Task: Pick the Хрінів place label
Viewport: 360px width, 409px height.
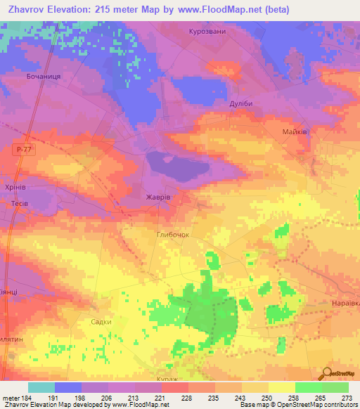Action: pyautogui.click(x=15, y=188)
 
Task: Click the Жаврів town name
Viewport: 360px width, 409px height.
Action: pyautogui.click(x=157, y=197)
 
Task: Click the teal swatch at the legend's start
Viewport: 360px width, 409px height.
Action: pyautogui.click(x=41, y=387)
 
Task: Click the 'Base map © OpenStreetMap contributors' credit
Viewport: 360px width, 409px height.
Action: pyautogui.click(x=298, y=405)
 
